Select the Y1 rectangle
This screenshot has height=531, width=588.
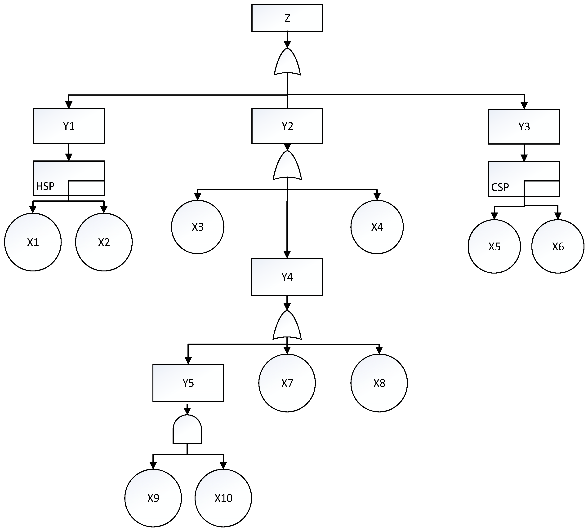pyautogui.click(x=69, y=126)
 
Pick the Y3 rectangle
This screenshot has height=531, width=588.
pyautogui.click(x=524, y=127)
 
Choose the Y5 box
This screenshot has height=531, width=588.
pyautogui.click(x=188, y=383)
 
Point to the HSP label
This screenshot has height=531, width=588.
pyautogui.click(x=45, y=186)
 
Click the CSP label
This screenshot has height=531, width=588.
pyautogui.click(x=500, y=187)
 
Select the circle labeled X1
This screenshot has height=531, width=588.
pyautogui.click(x=33, y=242)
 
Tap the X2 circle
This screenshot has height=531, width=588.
pyautogui.click(x=104, y=242)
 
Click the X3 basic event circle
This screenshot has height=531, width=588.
pyautogui.click(x=197, y=227)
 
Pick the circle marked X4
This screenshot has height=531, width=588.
pyautogui.click(x=377, y=227)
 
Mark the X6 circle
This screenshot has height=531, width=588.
pyautogui.click(x=558, y=246)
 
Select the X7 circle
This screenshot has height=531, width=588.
pyautogui.click(x=287, y=383)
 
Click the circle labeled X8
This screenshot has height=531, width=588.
pyautogui.click(x=379, y=383)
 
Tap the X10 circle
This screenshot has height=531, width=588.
pyautogui.click(x=223, y=498)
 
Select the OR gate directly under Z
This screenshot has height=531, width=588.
pyautogui.click(x=287, y=63)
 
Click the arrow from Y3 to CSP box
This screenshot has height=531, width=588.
pyautogui.click(x=524, y=153)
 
